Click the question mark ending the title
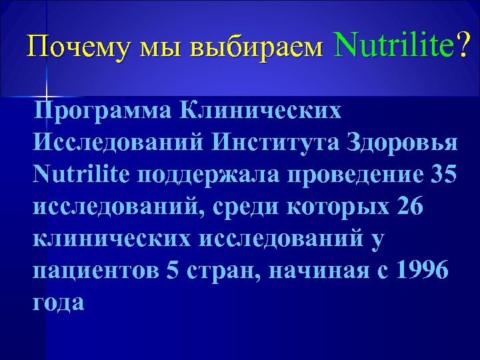click(461, 45)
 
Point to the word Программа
click(97, 111)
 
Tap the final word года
click(58, 303)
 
